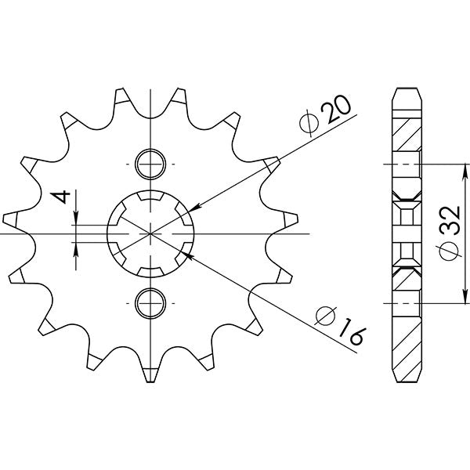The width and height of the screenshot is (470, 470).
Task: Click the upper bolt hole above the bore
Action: click(x=149, y=165)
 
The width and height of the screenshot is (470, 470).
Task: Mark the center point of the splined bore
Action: click(x=149, y=233)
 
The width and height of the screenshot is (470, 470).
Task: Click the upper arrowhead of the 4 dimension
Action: click(x=77, y=220)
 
